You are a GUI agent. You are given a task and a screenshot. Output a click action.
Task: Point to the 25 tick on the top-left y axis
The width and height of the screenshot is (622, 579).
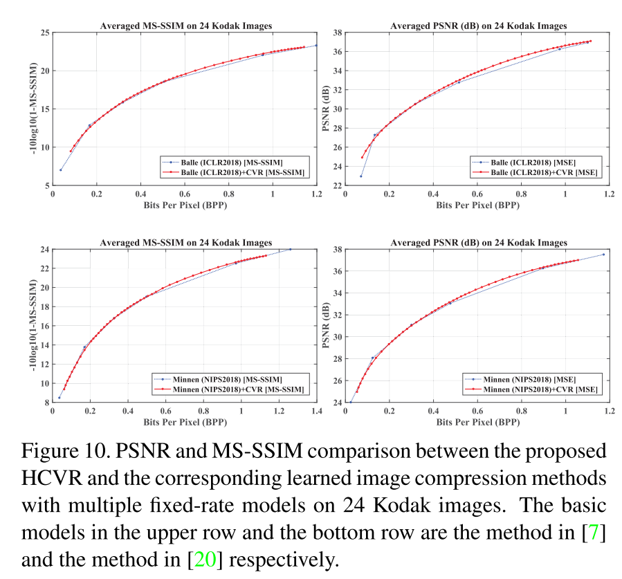tap(44, 33)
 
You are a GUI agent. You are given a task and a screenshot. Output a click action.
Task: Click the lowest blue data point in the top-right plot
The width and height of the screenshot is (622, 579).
tap(361, 176)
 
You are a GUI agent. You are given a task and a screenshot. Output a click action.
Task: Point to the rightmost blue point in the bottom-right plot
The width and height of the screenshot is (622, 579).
tap(603, 255)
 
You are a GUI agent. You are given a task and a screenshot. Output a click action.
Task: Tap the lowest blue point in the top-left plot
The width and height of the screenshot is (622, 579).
tap(61, 169)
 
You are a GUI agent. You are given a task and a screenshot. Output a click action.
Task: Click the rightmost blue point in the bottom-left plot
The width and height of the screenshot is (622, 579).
tap(290, 249)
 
